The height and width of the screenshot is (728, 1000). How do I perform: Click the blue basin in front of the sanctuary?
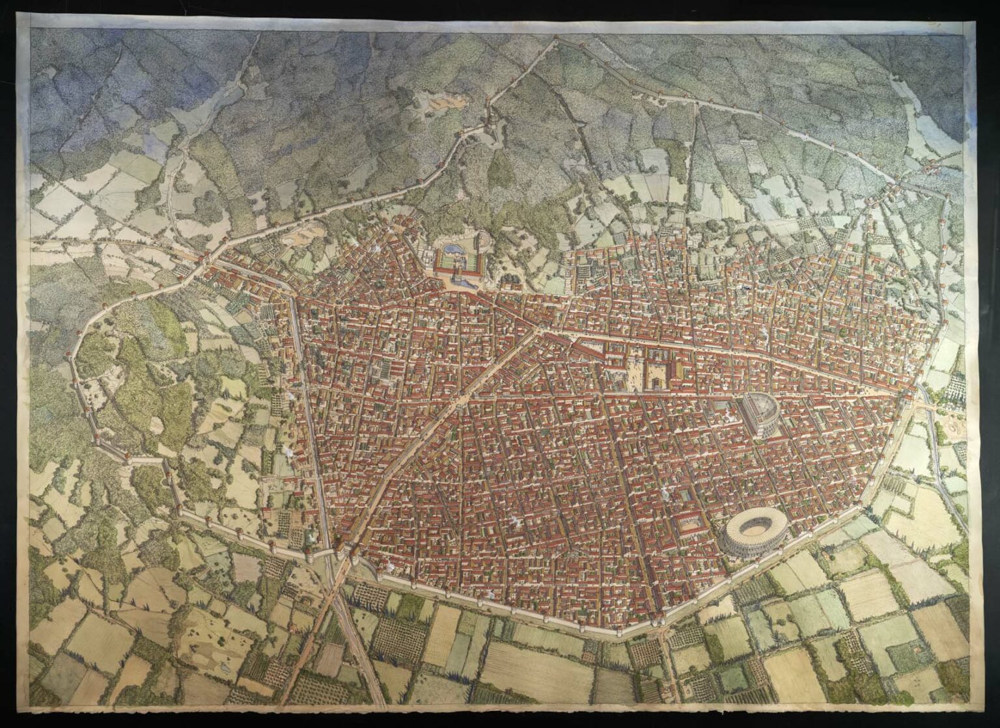(x=460, y=281)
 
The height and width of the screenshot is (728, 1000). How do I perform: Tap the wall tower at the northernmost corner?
(x=555, y=40)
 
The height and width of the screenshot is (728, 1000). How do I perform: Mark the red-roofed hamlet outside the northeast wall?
(x=934, y=166)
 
